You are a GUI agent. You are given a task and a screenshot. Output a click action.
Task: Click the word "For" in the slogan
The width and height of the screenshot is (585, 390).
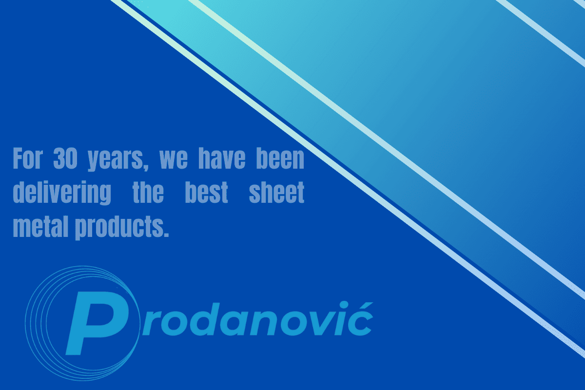point(28,158)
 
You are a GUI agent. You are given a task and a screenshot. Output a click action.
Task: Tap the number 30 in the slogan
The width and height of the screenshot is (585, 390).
point(65,158)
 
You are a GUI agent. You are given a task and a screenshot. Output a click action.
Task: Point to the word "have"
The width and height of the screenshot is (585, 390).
point(222,158)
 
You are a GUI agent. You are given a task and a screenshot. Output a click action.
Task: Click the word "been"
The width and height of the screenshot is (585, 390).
point(280,158)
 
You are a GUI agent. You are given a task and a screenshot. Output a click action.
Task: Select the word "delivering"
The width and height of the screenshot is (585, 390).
point(62,194)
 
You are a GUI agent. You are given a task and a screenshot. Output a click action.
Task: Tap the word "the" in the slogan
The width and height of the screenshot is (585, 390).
point(148,193)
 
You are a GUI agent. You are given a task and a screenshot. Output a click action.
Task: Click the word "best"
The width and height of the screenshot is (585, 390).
point(207,193)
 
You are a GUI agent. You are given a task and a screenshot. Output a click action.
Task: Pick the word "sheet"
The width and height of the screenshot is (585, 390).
point(276,193)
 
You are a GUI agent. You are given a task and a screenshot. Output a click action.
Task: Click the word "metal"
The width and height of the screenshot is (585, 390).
point(41,226)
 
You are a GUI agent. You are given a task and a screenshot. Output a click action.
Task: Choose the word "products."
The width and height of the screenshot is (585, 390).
point(122,228)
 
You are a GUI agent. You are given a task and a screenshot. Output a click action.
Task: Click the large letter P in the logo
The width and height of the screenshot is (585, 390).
point(97,323)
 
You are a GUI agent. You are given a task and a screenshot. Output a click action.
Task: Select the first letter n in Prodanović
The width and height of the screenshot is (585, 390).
point(263,323)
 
